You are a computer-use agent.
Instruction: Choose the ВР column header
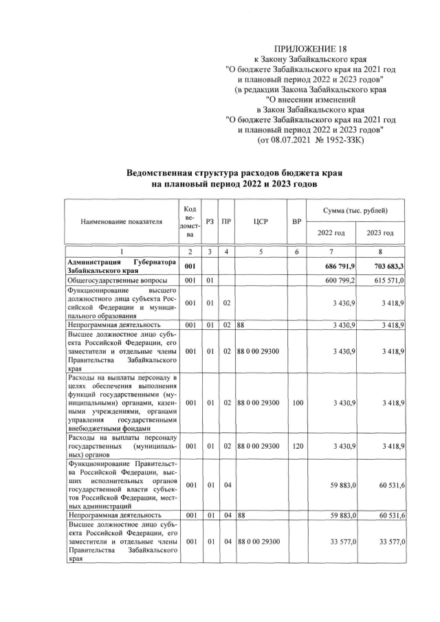pyautogui.click(x=296, y=221)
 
